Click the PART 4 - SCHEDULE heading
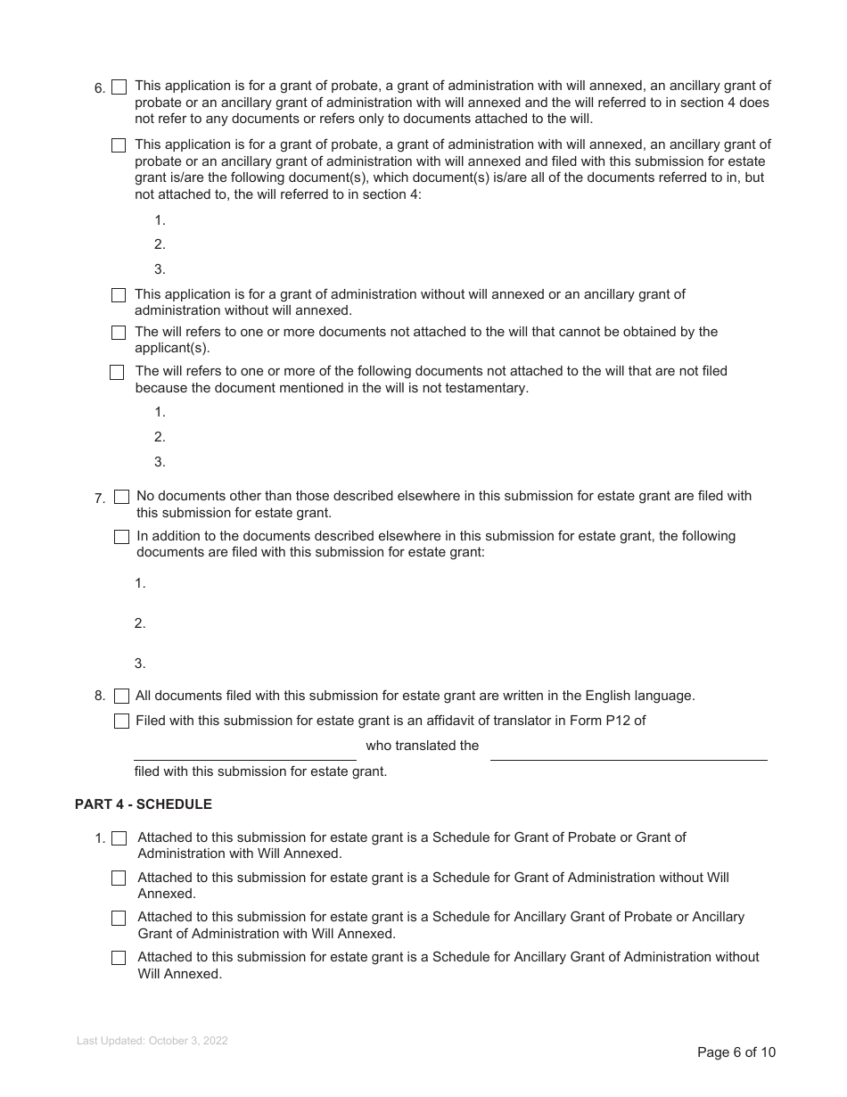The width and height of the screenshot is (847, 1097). [x=143, y=804]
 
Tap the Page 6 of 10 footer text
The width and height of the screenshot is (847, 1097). [x=736, y=1052]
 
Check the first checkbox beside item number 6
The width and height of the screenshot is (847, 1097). [x=119, y=87]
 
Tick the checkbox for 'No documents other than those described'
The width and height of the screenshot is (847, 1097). [x=122, y=497]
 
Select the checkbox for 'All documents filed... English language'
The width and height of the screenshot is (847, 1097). [x=122, y=697]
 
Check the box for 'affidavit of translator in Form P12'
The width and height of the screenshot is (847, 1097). [x=122, y=722]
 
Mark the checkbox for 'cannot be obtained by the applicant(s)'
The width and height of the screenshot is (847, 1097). [x=119, y=333]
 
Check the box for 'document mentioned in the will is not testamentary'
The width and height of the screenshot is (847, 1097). [x=117, y=373]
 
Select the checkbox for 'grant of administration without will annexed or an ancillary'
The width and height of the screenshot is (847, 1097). [x=119, y=295]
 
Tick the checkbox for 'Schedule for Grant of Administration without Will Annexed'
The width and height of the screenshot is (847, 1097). [x=119, y=878]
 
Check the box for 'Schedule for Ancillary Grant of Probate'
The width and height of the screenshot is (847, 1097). [x=119, y=918]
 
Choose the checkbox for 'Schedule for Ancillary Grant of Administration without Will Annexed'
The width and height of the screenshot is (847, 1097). [x=119, y=958]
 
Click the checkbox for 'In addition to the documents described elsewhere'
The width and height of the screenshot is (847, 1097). [x=122, y=537]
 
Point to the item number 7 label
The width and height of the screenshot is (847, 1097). [x=100, y=499]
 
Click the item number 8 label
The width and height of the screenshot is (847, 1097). [x=100, y=697]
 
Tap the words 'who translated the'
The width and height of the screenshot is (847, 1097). [x=422, y=746]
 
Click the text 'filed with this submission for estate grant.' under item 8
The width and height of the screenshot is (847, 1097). [x=260, y=771]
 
